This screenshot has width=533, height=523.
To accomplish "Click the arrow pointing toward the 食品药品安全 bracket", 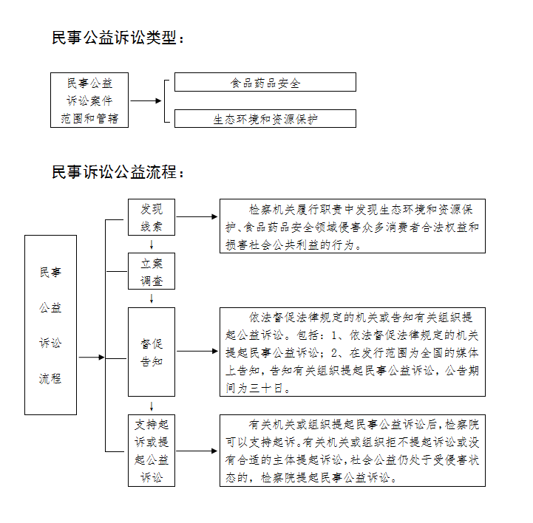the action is (146, 100).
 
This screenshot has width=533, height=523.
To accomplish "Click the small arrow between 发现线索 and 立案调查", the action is (152, 245).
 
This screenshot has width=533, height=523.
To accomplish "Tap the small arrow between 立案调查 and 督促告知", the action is (152, 298).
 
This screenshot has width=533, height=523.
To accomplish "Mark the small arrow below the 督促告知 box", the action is (152, 406).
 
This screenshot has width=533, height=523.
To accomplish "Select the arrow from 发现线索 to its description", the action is (197, 216).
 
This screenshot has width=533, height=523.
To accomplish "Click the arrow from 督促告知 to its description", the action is (197, 351).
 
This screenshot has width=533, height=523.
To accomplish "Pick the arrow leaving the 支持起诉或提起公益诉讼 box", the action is (197, 451).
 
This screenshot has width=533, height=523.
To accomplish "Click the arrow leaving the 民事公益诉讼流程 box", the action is (92, 358).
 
